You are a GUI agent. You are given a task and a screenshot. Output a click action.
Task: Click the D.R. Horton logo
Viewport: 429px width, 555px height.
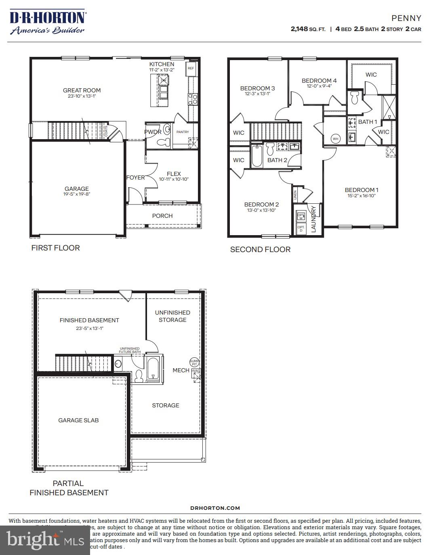pos(47,23)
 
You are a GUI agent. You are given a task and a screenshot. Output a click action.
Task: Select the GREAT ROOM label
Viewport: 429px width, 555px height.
pos(82,90)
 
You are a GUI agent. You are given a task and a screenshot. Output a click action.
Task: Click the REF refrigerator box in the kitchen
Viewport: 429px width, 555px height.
pos(191,69)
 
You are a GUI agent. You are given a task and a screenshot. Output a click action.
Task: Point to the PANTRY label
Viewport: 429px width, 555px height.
pos(183,132)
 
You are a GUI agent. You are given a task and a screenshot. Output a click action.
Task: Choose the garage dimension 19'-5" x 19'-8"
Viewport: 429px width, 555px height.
pos(76,194)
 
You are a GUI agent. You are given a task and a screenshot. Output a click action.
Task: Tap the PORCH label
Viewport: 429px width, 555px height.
pos(162,216)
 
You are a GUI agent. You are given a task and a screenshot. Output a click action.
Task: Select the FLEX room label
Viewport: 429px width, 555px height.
pos(174,174)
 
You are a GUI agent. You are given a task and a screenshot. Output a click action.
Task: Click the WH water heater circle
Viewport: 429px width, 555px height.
pos(335,139)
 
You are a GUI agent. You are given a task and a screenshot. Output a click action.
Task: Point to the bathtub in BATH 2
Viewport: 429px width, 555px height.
pos(257,156)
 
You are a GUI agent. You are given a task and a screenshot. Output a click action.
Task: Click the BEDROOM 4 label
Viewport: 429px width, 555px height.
pos(319,81)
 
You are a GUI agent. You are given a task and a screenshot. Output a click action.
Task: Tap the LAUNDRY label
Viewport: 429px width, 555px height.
pos(313,219)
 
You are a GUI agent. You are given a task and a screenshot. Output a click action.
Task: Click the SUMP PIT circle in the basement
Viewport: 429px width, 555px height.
pos(194,362)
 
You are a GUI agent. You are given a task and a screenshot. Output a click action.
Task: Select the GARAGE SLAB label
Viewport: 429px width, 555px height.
pos(78,420)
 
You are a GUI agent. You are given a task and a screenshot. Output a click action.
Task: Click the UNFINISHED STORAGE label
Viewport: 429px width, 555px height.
pos(172,316)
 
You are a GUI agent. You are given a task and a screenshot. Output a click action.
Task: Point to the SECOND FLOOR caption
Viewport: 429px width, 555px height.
pos(260,250)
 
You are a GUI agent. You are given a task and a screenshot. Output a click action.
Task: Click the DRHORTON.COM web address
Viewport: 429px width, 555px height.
pos(215,508)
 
